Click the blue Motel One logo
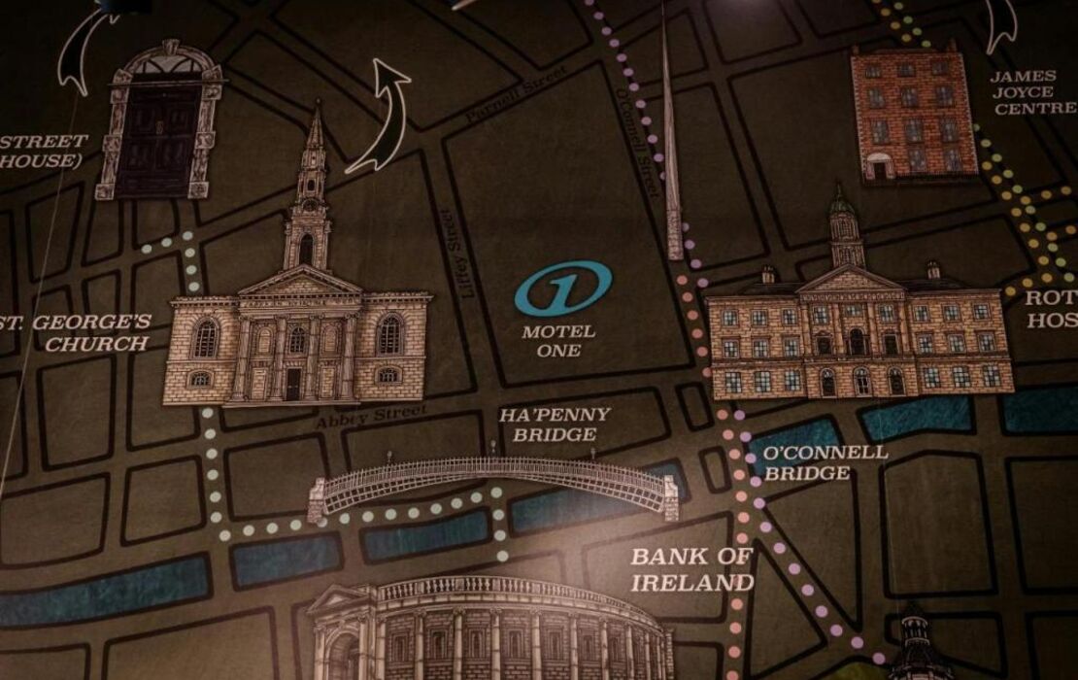563,289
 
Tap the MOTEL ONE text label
558,341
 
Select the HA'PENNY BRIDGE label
555,425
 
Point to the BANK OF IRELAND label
691,569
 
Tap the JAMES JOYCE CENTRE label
1032,92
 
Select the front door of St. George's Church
292,384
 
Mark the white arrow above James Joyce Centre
1000,24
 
